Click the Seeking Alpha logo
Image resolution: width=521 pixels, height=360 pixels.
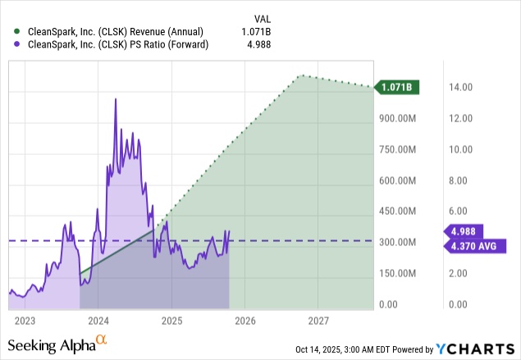[58, 344]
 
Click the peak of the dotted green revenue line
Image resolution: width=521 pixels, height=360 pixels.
[302, 75]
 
